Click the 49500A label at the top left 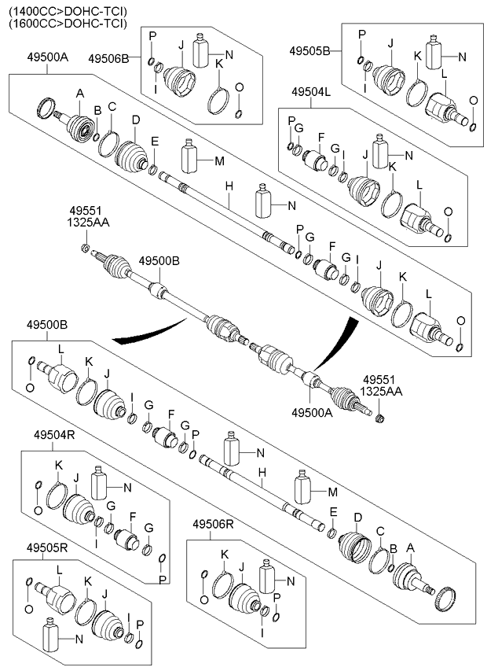[47, 57]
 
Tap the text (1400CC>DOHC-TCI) [65, 9]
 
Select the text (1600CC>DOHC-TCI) [65, 23]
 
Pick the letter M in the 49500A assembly [219, 161]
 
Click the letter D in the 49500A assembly [135, 120]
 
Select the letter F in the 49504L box [320, 137]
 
